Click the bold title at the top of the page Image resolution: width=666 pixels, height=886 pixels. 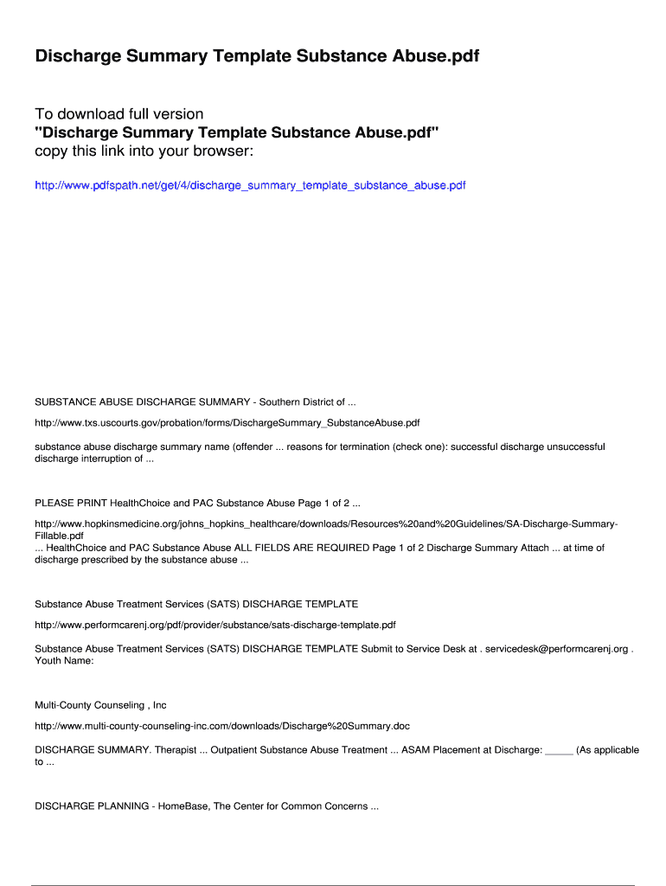pyautogui.click(x=257, y=56)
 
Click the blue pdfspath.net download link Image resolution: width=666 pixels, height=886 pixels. pyautogui.click(x=250, y=185)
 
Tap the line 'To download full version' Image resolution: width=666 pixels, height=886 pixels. pyautogui.click(x=119, y=114)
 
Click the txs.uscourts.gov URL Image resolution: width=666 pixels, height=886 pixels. pyautogui.click(x=227, y=423)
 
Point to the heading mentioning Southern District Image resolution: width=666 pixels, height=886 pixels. pyautogui.click(x=195, y=401)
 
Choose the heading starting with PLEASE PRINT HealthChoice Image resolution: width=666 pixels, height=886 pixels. pyautogui.click(x=197, y=503)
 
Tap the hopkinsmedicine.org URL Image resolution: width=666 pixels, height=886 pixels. pyautogui.click(x=326, y=524)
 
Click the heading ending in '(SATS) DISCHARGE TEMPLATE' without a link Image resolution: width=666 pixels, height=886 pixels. pyautogui.click(x=196, y=603)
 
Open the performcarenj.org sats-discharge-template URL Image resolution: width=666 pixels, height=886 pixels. pyautogui.click(x=215, y=625)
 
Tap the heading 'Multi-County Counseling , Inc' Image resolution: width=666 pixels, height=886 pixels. pyautogui.click(x=100, y=705)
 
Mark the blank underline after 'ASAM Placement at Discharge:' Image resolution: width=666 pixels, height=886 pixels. pyautogui.click(x=560, y=750)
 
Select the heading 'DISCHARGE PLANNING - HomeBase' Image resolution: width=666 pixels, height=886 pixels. pyautogui.click(x=207, y=806)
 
